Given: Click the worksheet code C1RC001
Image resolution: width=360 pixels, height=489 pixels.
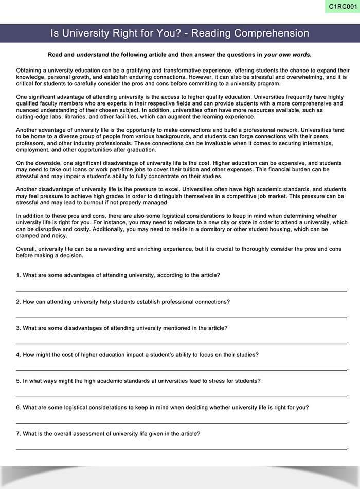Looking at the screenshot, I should click(341, 7).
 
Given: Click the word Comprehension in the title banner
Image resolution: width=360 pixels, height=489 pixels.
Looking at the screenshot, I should click(272, 33).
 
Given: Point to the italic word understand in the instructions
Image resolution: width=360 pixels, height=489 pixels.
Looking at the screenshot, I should click(92, 54).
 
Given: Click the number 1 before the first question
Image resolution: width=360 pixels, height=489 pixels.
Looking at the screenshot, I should click(18, 275).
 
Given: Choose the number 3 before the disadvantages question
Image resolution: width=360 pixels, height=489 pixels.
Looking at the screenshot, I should click(18, 328).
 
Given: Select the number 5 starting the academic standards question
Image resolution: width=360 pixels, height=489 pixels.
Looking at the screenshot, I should click(18, 381).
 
